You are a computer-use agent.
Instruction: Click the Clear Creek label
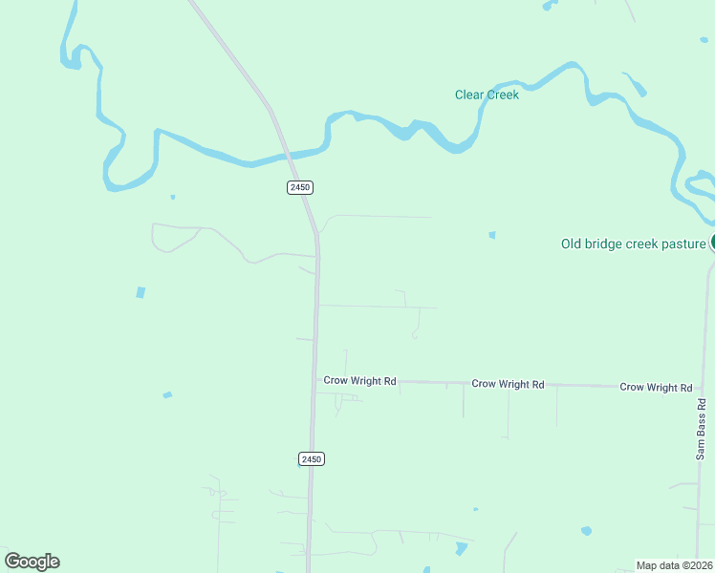click(x=487, y=95)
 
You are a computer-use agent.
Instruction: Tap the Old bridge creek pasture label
click(x=633, y=244)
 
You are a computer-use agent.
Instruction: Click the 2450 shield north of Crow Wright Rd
click(x=300, y=187)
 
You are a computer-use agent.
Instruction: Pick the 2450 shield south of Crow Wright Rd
click(x=312, y=459)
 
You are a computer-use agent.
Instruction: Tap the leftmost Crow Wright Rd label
click(x=359, y=380)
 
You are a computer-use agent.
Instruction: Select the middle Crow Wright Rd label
click(x=508, y=384)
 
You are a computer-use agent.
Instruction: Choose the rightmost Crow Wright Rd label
click(x=656, y=387)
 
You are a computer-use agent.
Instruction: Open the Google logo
click(x=32, y=562)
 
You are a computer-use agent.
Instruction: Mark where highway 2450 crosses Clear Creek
click(x=287, y=152)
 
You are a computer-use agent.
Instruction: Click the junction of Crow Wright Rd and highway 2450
click(x=315, y=380)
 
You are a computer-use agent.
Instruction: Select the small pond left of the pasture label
click(x=492, y=234)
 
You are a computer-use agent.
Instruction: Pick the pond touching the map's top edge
click(x=548, y=5)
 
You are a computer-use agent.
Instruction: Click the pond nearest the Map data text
click(x=586, y=530)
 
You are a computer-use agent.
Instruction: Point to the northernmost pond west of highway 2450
click(x=172, y=197)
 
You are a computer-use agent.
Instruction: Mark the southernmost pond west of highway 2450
click(x=167, y=394)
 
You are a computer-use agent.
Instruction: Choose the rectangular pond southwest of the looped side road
click(x=141, y=292)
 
